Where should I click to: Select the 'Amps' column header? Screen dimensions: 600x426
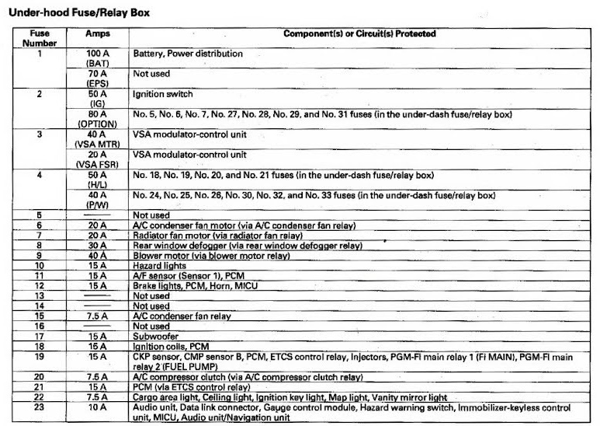tap(98, 35)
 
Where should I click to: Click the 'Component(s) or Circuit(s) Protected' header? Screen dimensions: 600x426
tap(359, 34)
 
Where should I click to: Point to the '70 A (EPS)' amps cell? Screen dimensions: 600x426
tap(98, 79)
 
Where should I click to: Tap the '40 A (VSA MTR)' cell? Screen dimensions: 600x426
tap(98, 139)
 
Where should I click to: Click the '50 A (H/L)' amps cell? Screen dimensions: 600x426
tap(98, 180)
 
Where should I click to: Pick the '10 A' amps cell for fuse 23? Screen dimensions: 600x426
tap(98, 407)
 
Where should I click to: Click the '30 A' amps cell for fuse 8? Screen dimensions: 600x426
tap(98, 245)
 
